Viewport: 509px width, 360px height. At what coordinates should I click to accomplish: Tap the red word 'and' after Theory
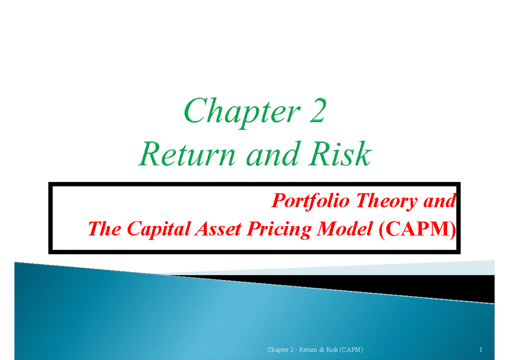439,200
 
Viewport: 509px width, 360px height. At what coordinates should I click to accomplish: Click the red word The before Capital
104,229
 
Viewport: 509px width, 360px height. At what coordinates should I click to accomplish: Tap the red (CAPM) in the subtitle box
417,229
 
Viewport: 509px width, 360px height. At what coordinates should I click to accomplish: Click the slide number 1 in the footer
481,350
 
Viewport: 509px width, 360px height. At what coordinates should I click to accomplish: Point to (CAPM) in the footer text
351,350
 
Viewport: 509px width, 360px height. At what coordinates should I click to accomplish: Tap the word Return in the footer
308,350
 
